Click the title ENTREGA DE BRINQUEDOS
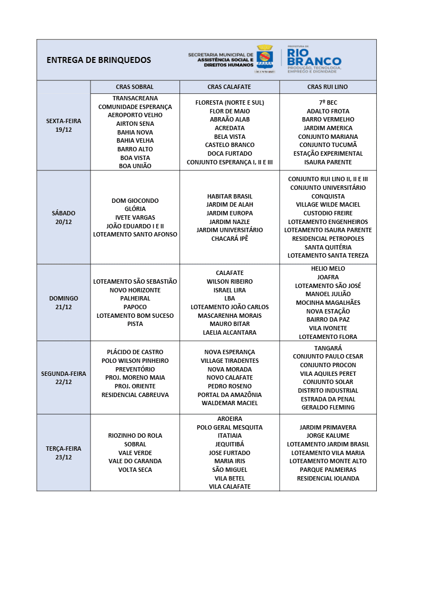tap(99, 60)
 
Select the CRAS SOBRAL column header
tap(134, 87)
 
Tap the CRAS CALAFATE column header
tap(229, 87)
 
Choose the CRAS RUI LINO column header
tap(328, 87)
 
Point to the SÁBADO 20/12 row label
tap(63, 217)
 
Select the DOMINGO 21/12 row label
tap(63, 303)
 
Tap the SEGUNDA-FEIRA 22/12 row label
tap(63, 377)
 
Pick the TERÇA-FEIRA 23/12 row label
tap(63, 453)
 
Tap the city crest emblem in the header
tap(265, 56)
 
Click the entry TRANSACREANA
tap(135, 98)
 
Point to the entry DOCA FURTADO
tap(229, 153)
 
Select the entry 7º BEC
tap(328, 103)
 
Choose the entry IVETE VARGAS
tap(135, 217)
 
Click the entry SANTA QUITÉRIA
tap(328, 247)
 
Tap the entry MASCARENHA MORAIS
tap(229, 316)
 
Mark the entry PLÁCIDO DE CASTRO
tap(135, 352)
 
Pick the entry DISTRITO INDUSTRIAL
tap(328, 391)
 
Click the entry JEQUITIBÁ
tap(229, 444)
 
